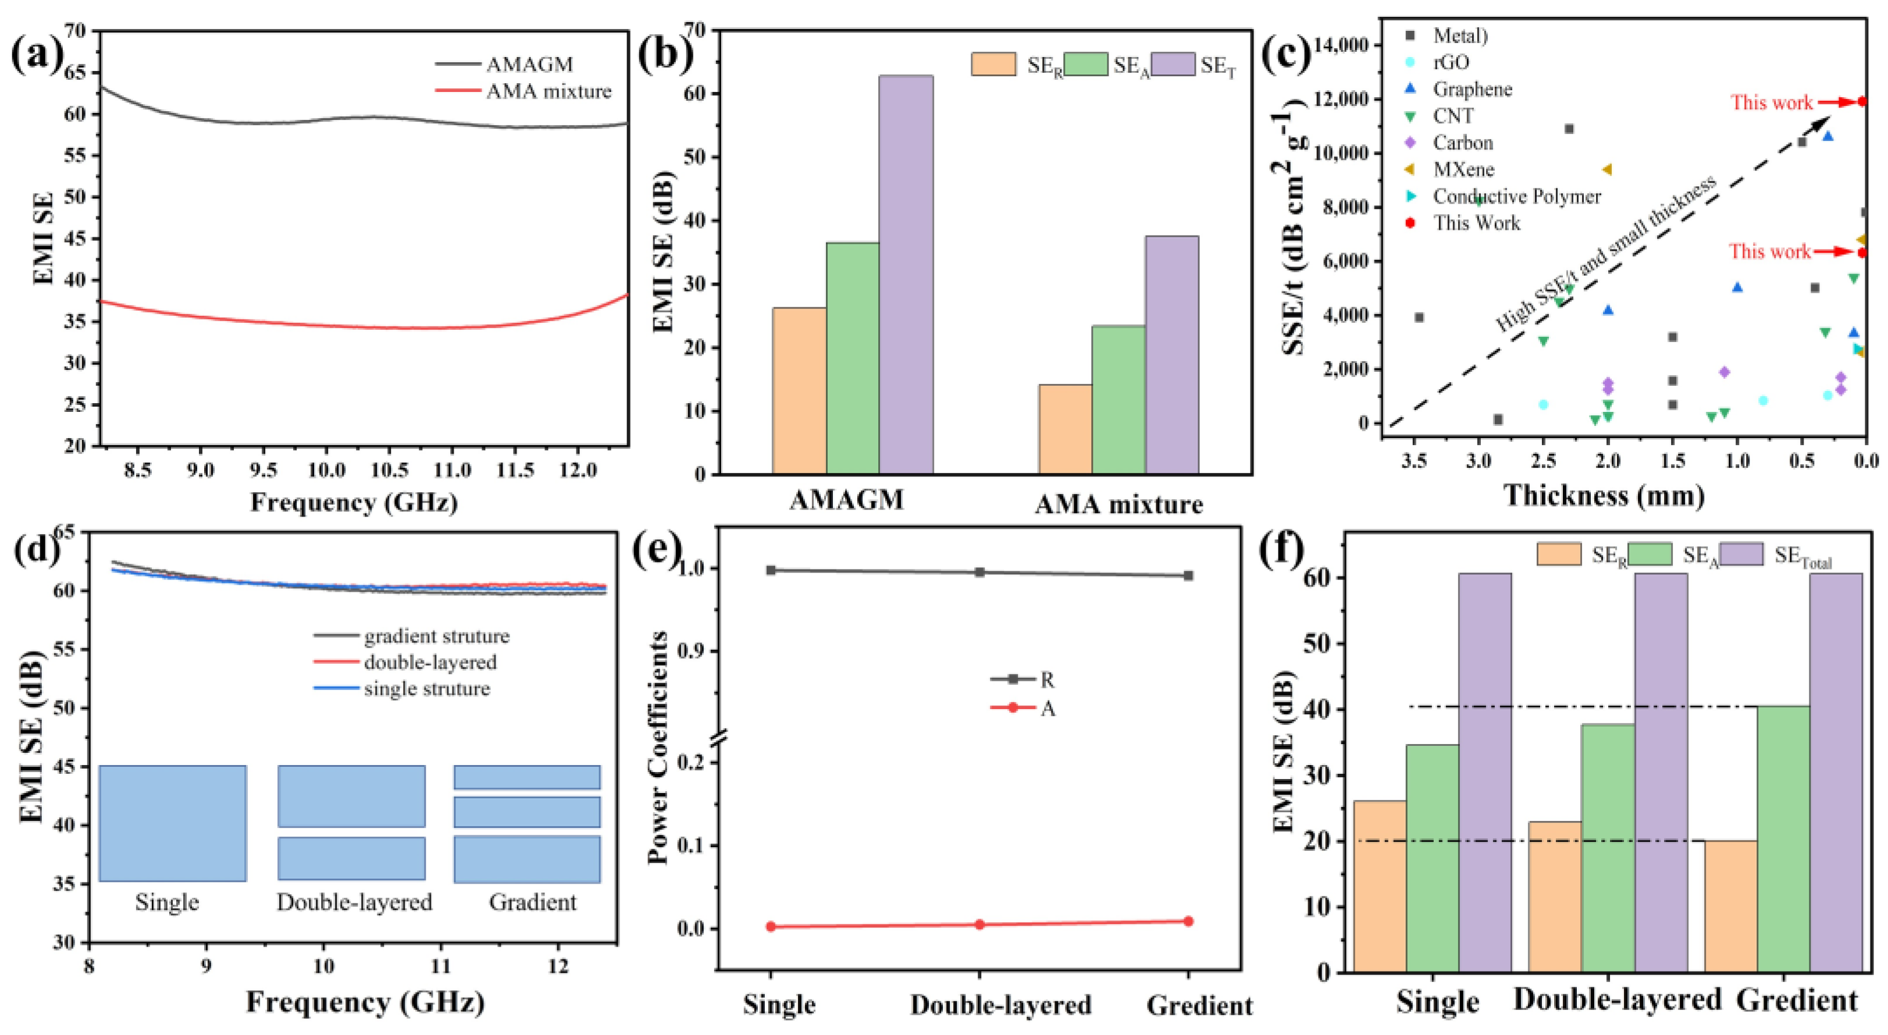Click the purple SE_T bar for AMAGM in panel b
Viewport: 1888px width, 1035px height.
click(x=906, y=275)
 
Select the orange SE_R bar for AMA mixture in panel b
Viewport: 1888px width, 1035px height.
click(x=1065, y=429)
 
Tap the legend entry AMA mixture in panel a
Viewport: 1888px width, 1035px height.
click(x=548, y=91)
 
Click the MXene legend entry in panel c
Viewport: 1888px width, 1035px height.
click(x=1463, y=169)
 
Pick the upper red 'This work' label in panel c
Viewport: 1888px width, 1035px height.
click(x=1772, y=102)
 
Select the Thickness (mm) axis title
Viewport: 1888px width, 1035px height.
click(x=1604, y=496)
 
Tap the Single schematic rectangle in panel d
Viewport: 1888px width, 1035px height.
click(x=172, y=823)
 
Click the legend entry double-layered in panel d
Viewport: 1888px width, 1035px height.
click(x=429, y=662)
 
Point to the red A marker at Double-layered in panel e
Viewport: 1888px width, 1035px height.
click(x=979, y=924)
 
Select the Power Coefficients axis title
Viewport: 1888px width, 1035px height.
click(x=658, y=748)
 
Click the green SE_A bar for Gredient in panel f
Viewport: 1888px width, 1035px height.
click(x=1783, y=840)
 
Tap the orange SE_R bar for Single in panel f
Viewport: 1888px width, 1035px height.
click(x=1379, y=886)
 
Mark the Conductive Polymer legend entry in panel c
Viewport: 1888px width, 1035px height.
click(x=1516, y=197)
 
